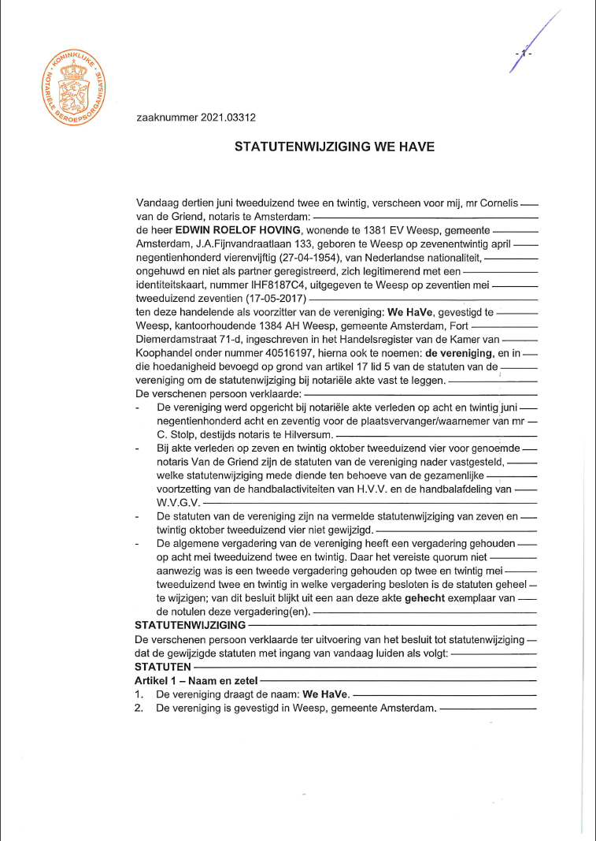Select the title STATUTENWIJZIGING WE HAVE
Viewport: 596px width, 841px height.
[x=335, y=147]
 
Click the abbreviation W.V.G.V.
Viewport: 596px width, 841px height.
[x=179, y=501]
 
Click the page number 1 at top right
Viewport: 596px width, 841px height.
[x=524, y=53]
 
